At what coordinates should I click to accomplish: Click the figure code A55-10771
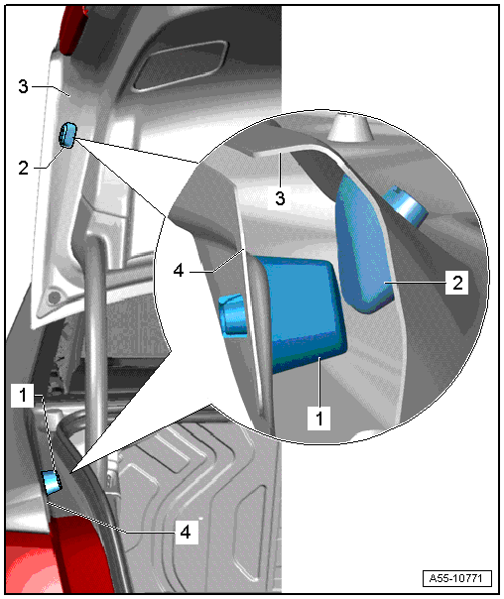pyautogui.click(x=457, y=578)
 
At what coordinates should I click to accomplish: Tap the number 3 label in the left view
pyautogui.click(x=23, y=86)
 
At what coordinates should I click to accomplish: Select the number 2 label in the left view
pyautogui.click(x=23, y=168)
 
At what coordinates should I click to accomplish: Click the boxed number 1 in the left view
pyautogui.click(x=23, y=395)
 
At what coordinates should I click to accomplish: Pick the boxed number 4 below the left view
pyautogui.click(x=186, y=532)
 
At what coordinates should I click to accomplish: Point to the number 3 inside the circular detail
pyautogui.click(x=280, y=198)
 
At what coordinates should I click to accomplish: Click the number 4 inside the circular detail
pyautogui.click(x=179, y=271)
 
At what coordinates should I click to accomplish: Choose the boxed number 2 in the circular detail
pyautogui.click(x=457, y=283)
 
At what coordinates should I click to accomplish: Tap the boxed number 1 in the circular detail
pyautogui.click(x=319, y=418)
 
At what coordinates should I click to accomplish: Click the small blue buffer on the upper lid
pyautogui.click(x=67, y=135)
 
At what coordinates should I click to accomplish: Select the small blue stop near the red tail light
pyautogui.click(x=51, y=483)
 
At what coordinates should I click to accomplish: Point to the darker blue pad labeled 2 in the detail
pyautogui.click(x=363, y=245)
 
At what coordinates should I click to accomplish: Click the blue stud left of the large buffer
pyautogui.click(x=233, y=314)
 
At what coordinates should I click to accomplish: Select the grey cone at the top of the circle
pyautogui.click(x=349, y=126)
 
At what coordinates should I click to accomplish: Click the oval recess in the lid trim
pyautogui.click(x=180, y=65)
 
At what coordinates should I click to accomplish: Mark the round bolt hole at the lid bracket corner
pyautogui.click(x=54, y=297)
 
